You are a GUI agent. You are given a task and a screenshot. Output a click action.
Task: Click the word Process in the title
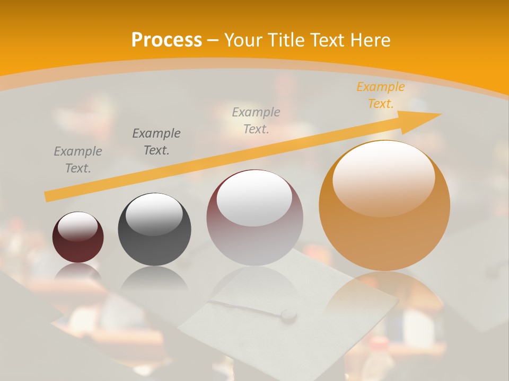(166, 40)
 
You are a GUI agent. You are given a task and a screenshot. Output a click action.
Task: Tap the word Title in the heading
(284, 40)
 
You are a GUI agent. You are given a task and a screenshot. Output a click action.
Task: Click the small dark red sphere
(78, 238)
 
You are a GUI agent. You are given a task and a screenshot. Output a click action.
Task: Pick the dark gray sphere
(154, 233)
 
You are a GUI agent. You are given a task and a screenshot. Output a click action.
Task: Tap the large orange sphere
(384, 212)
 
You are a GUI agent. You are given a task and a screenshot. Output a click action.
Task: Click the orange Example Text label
(380, 95)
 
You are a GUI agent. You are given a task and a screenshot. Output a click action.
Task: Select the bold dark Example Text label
(156, 142)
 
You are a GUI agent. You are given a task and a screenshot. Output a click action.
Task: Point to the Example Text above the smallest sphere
(78, 160)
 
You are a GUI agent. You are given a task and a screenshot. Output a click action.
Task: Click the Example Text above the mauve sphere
(256, 120)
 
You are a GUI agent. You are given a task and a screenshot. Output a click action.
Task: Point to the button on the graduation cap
(288, 315)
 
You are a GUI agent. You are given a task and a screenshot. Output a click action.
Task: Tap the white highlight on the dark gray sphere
(154, 214)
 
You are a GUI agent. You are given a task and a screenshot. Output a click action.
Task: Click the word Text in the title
(326, 40)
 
